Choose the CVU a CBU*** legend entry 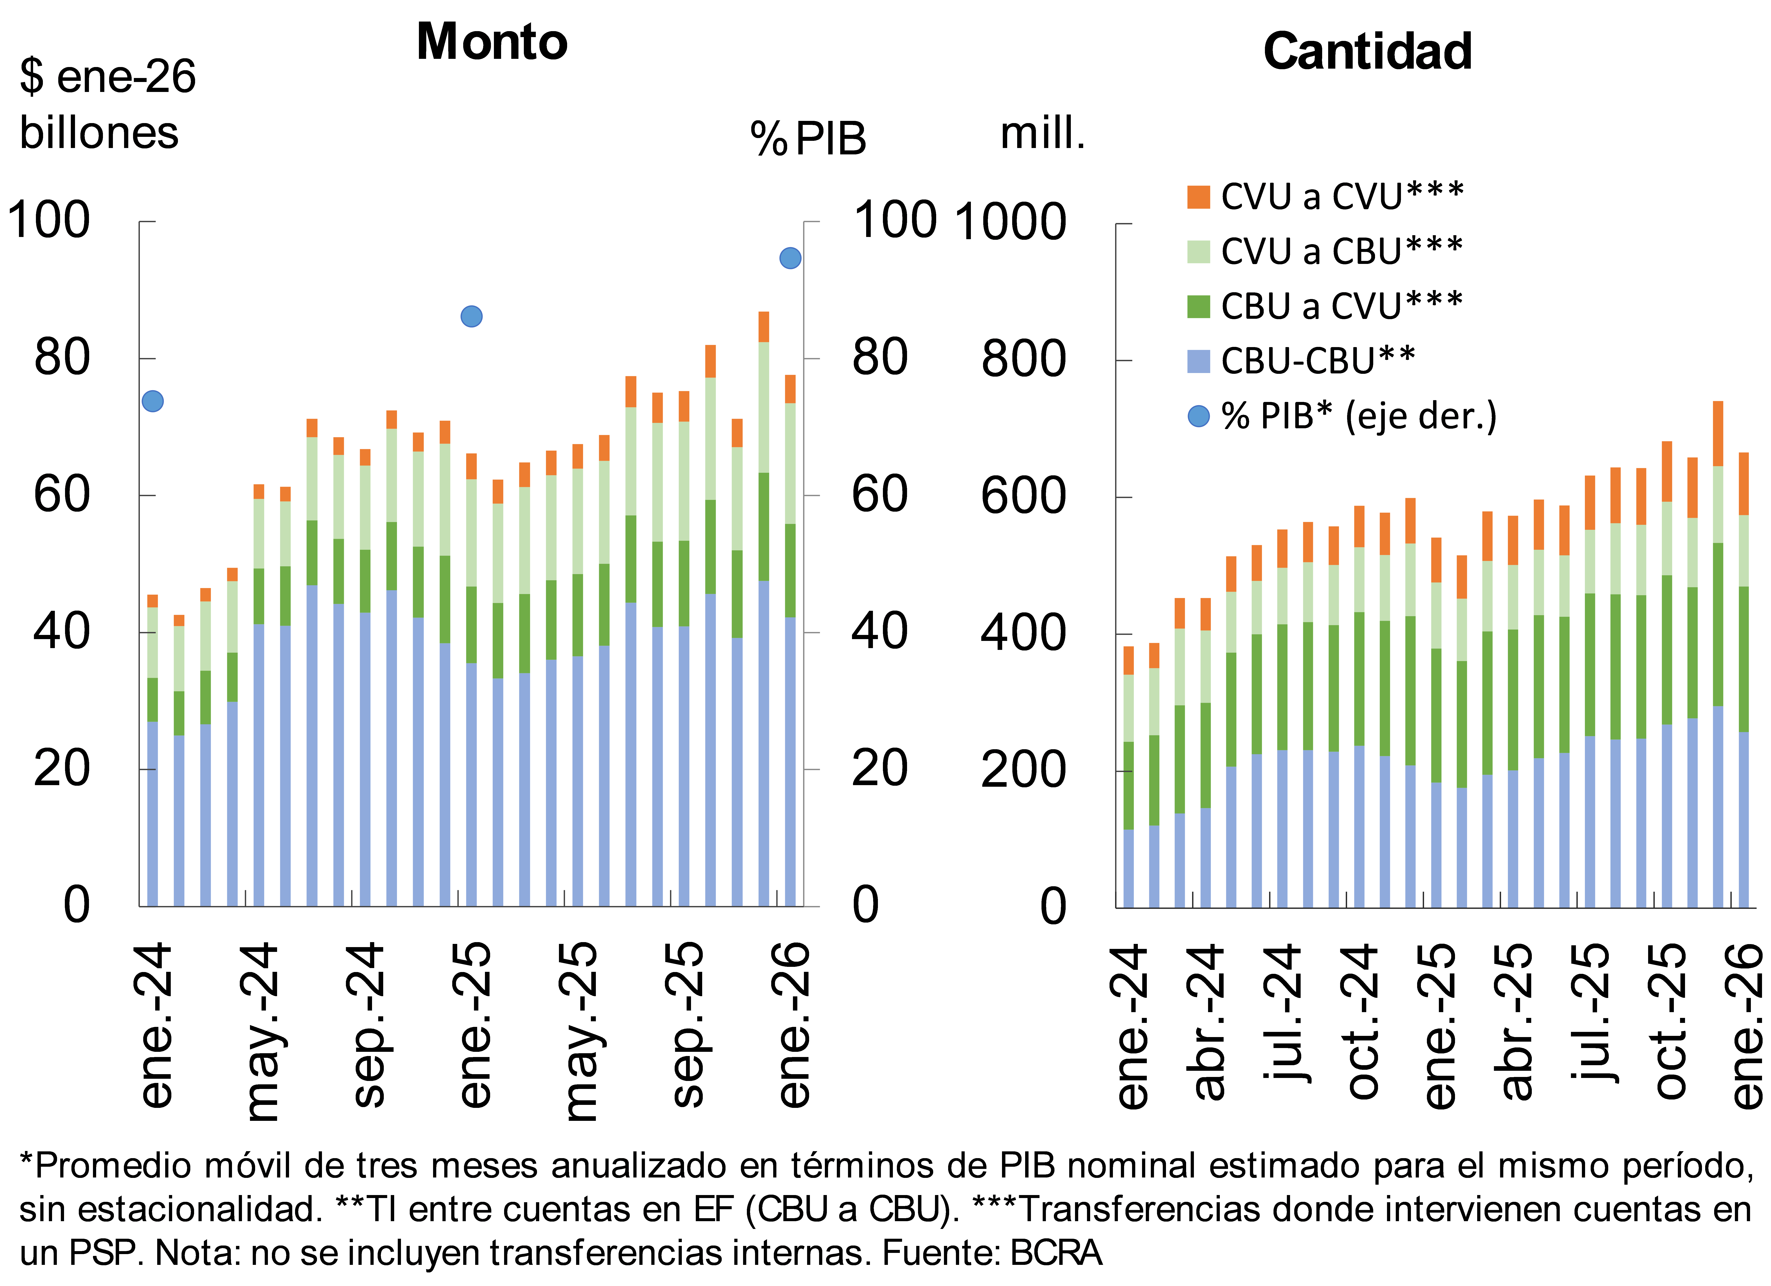tap(1326, 251)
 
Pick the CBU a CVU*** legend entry tap(1326, 306)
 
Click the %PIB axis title tap(808, 139)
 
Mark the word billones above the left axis tap(99, 133)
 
